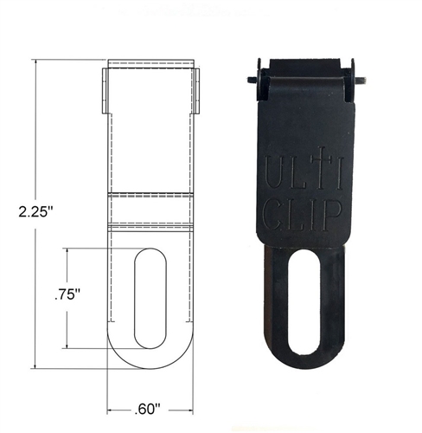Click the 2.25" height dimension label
click(36, 212)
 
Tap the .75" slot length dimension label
click(67, 295)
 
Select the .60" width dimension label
click(147, 410)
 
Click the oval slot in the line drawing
click(150, 298)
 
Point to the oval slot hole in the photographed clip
click(304, 302)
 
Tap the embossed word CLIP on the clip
click(303, 215)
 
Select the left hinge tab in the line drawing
click(105, 91)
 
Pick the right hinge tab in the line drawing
click(196, 91)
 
